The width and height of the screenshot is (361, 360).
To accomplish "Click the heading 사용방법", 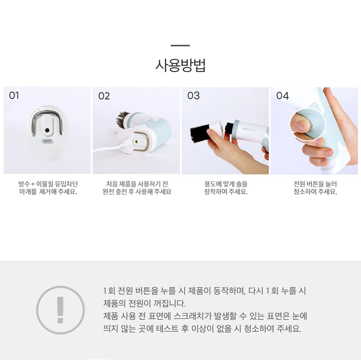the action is (x=180, y=65).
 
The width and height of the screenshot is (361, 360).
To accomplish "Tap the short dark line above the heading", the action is (x=180, y=46).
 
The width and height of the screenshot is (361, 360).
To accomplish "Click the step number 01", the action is (x=14, y=95).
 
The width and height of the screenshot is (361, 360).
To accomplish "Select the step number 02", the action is (x=104, y=96).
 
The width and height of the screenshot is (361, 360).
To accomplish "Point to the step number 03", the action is (x=194, y=96).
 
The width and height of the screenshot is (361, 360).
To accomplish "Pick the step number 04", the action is (x=282, y=96).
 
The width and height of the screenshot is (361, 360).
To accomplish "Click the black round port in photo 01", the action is (x=47, y=130).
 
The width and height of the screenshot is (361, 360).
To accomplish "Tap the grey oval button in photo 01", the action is (x=48, y=141).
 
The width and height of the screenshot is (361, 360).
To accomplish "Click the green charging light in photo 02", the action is (x=136, y=142).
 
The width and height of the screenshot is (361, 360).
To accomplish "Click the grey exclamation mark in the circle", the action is (x=60, y=310).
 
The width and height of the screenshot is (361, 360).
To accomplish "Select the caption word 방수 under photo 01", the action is (x=24, y=184).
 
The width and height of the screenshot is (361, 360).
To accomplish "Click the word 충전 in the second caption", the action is (x=121, y=192).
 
